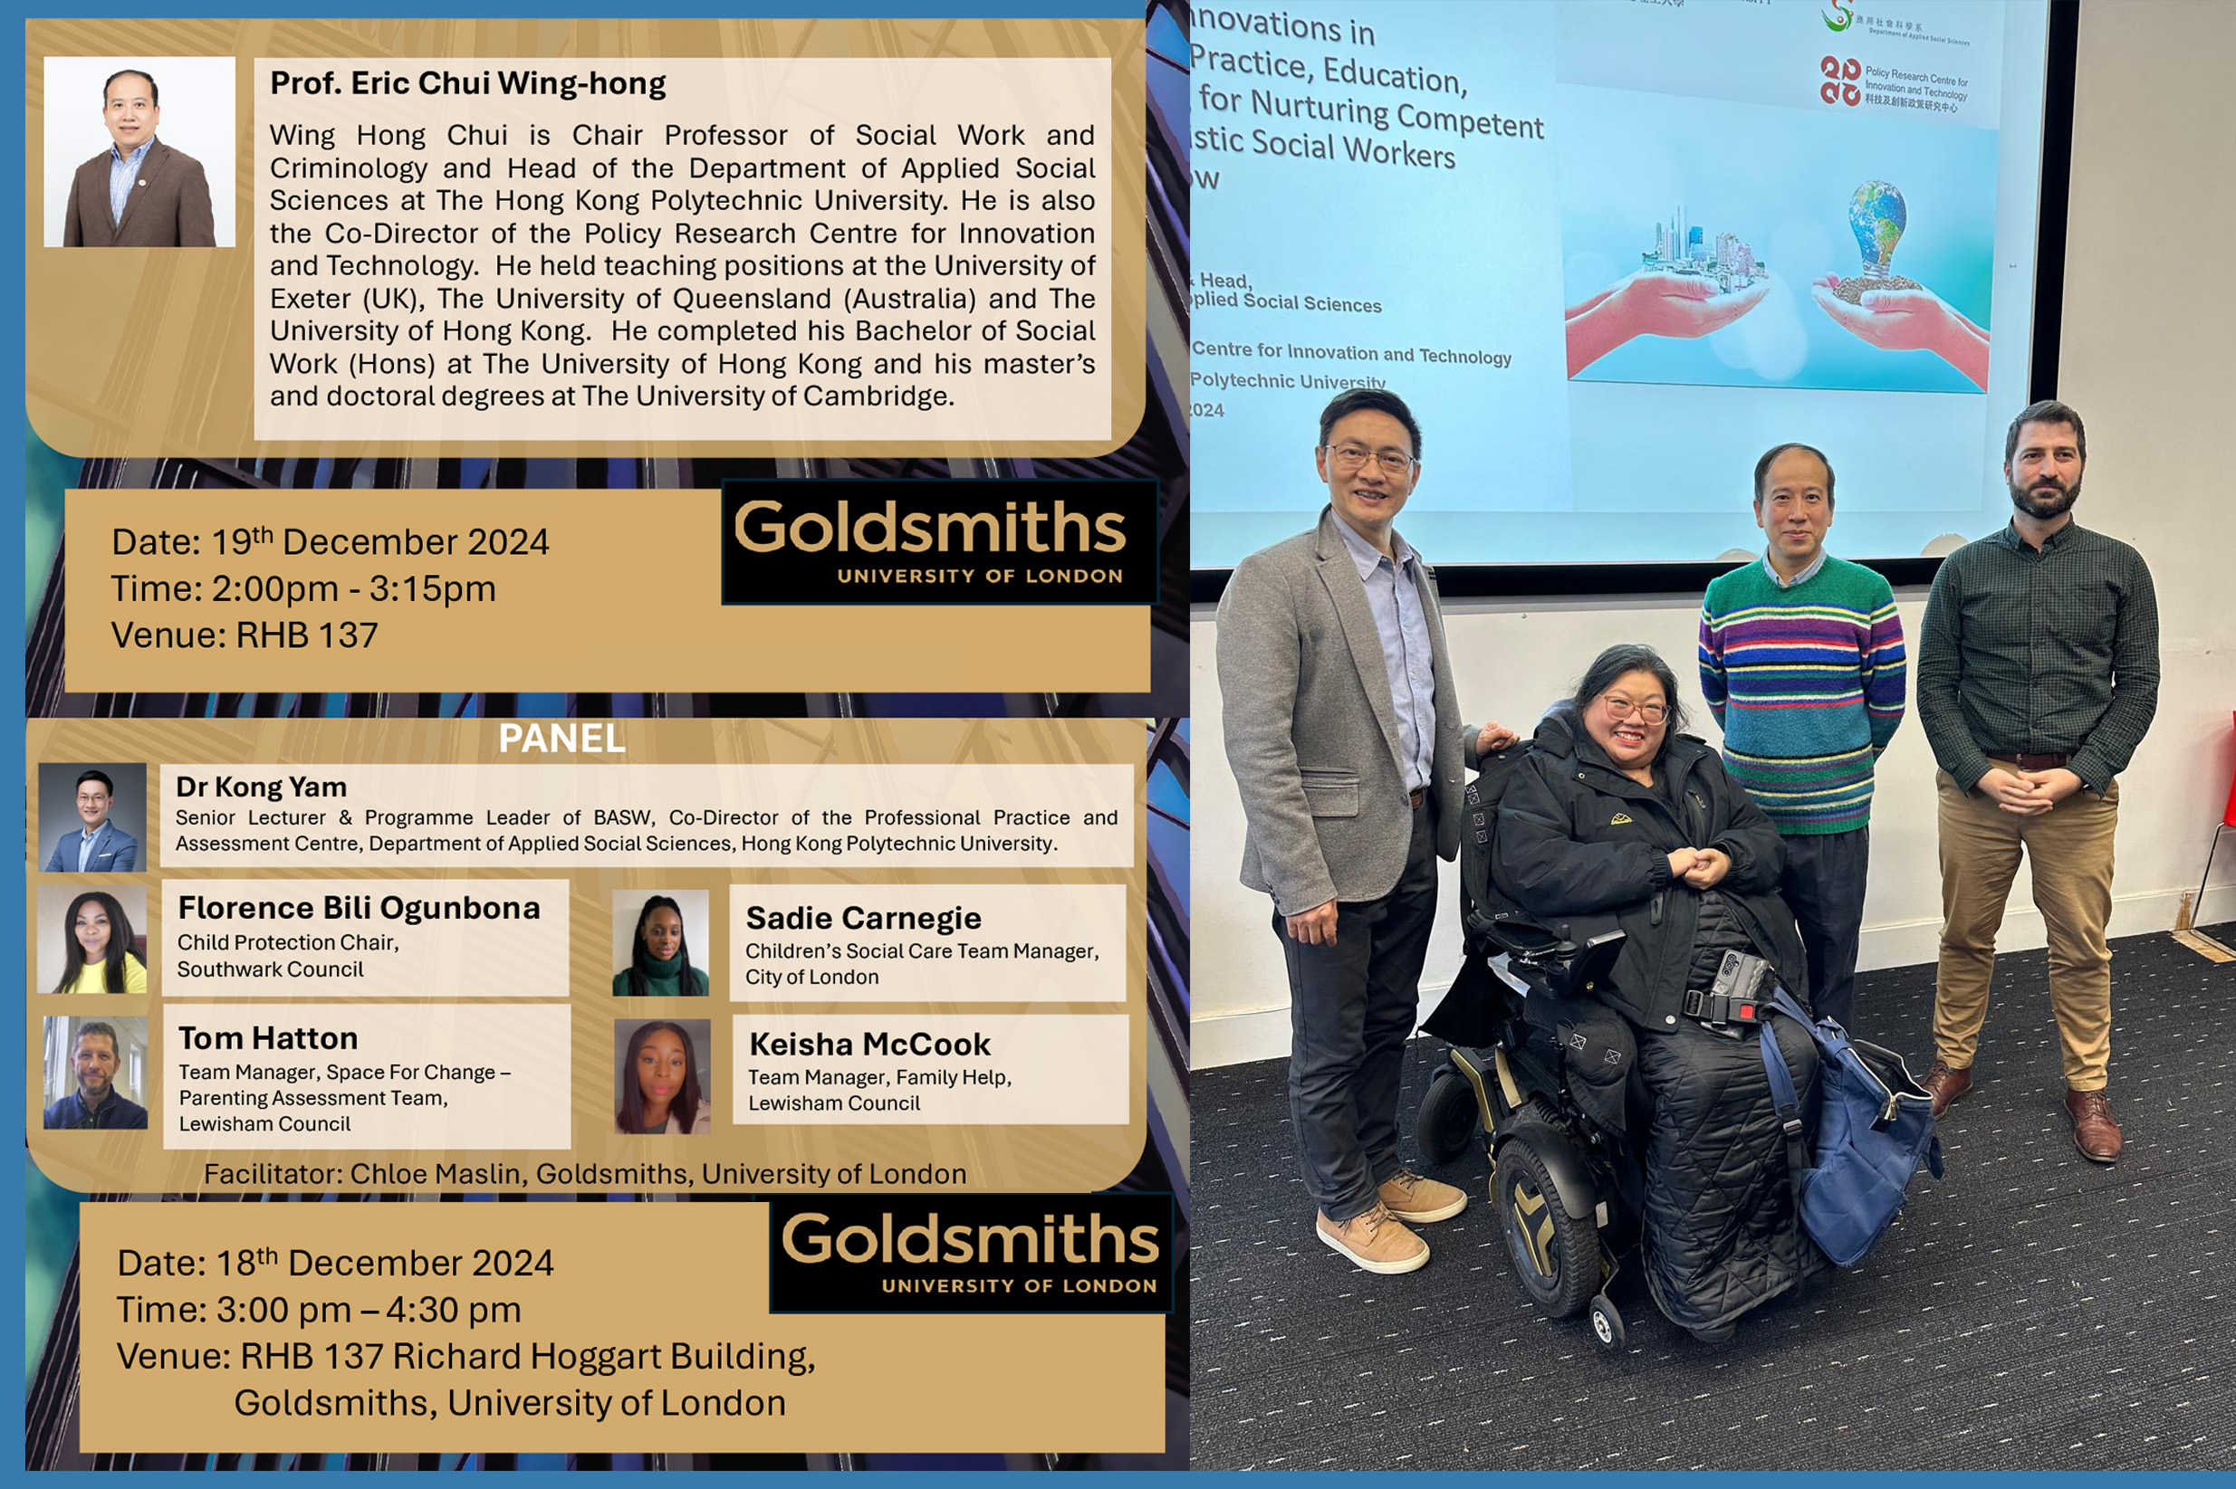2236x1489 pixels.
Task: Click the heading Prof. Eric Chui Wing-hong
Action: click(x=467, y=83)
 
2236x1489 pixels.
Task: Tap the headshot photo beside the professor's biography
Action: click(x=139, y=152)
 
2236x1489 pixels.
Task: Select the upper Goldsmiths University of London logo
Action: click(x=938, y=541)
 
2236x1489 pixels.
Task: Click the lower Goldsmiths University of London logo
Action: click(x=971, y=1253)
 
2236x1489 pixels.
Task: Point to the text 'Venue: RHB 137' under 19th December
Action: click(x=245, y=635)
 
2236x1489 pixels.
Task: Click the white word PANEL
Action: click(x=561, y=739)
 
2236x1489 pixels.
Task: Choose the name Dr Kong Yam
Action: click(x=261, y=787)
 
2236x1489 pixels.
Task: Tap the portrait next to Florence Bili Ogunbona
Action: click(x=92, y=940)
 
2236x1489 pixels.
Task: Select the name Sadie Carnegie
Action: click(x=862, y=918)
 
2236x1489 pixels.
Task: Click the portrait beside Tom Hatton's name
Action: click(x=95, y=1073)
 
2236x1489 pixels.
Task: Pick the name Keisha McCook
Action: click(x=869, y=1045)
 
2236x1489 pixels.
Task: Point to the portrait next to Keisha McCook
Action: click(x=662, y=1076)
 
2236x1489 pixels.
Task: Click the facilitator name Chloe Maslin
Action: click(x=435, y=1175)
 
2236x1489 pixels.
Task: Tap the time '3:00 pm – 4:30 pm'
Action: click(x=369, y=1311)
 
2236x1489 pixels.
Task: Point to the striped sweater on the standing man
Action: click(x=1801, y=693)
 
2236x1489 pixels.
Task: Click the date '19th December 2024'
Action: click(x=379, y=542)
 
